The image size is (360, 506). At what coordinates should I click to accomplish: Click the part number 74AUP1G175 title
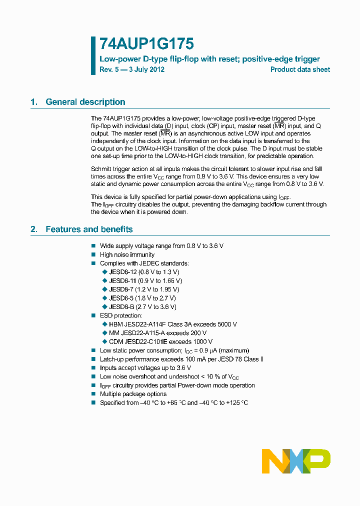139,44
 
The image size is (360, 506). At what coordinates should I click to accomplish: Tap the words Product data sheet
300,69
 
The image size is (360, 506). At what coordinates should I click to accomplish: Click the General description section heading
85,102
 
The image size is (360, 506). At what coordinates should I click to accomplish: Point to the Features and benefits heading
89,229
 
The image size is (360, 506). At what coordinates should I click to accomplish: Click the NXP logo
296,461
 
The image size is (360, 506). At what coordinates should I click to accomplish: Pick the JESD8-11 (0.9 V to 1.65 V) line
145,280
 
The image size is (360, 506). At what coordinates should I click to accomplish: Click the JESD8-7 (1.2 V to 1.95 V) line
144,289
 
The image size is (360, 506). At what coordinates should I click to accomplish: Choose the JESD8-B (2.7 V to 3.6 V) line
142,306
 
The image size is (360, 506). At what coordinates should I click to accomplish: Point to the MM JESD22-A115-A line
157,333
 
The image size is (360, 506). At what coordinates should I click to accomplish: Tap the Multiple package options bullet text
133,394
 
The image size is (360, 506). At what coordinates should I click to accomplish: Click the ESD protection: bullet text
121,315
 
